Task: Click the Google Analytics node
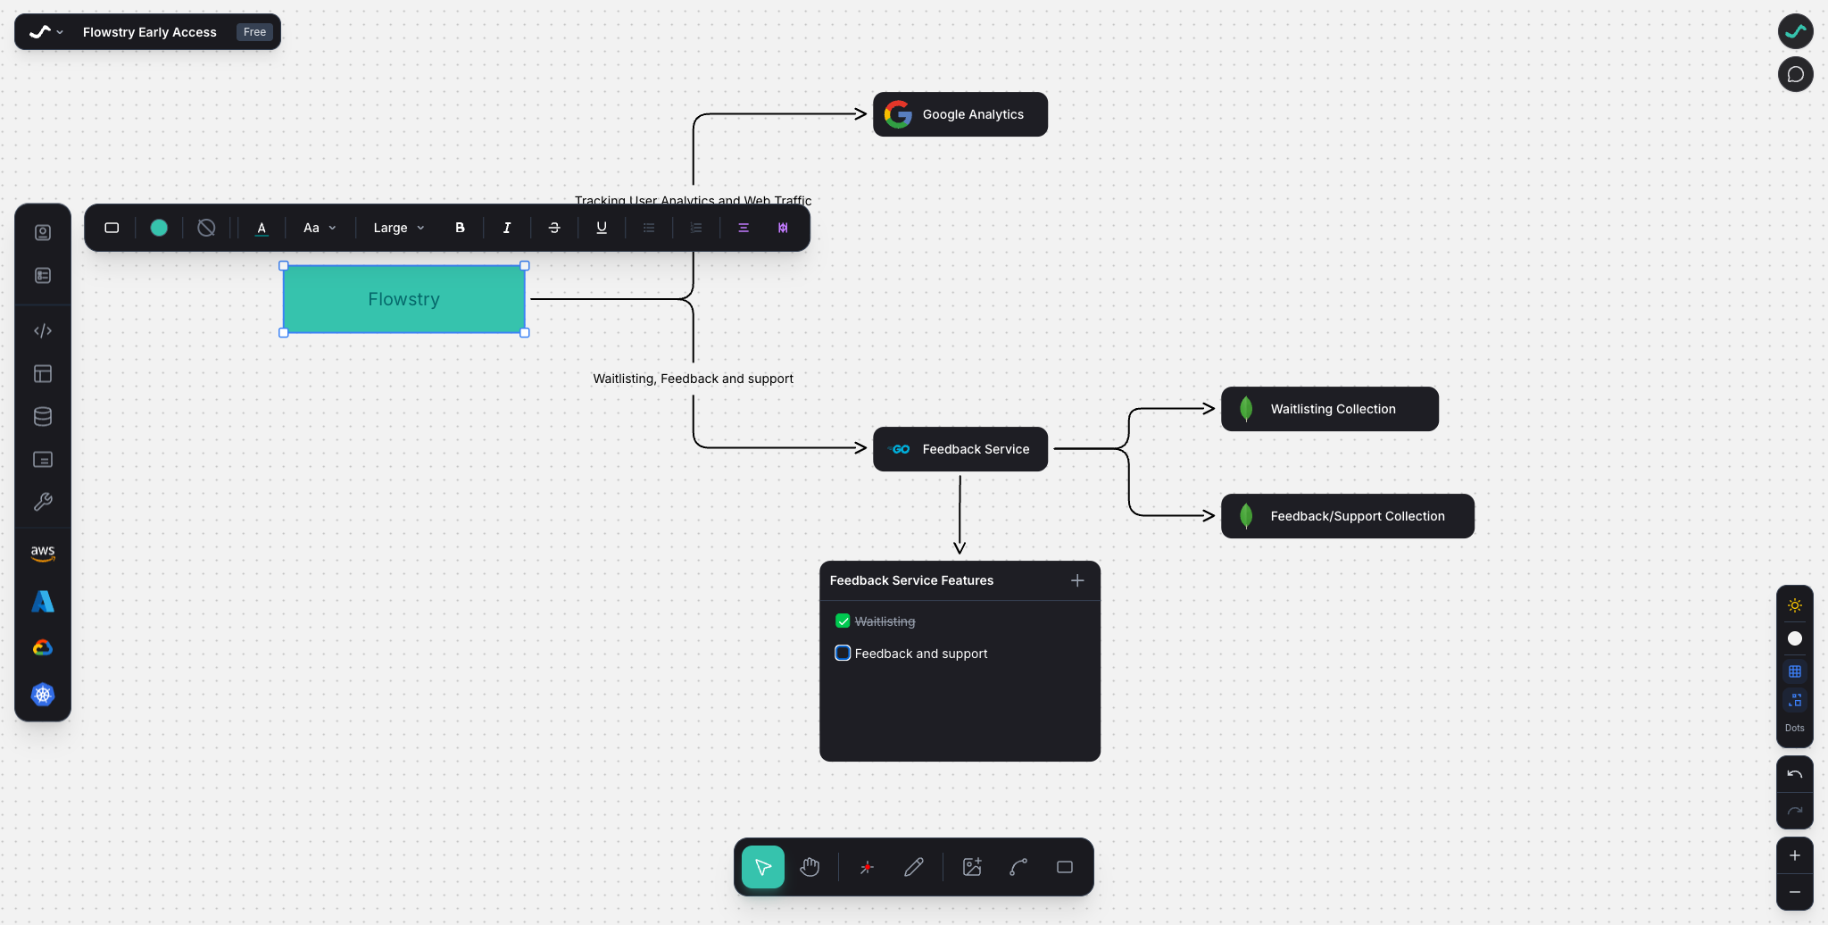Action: coord(960,114)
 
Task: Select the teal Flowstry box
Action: coord(403,299)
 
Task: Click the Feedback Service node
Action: coord(960,449)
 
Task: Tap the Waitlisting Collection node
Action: coord(1330,409)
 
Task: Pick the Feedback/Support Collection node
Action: coord(1348,516)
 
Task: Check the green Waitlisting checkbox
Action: coord(843,621)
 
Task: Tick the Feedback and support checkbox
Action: coord(843,653)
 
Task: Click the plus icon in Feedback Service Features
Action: coord(1077,580)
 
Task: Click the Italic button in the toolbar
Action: coord(507,228)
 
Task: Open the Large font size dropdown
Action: coord(398,228)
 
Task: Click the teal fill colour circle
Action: coord(159,228)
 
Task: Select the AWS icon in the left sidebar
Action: coord(43,553)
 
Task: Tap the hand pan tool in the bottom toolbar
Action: coord(810,867)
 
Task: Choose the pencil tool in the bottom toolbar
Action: coord(913,867)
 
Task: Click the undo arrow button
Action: coord(1794,774)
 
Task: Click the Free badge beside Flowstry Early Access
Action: coord(254,32)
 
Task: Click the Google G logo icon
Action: coord(898,114)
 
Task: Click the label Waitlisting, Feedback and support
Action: coord(693,379)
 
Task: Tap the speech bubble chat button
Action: coord(1795,74)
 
